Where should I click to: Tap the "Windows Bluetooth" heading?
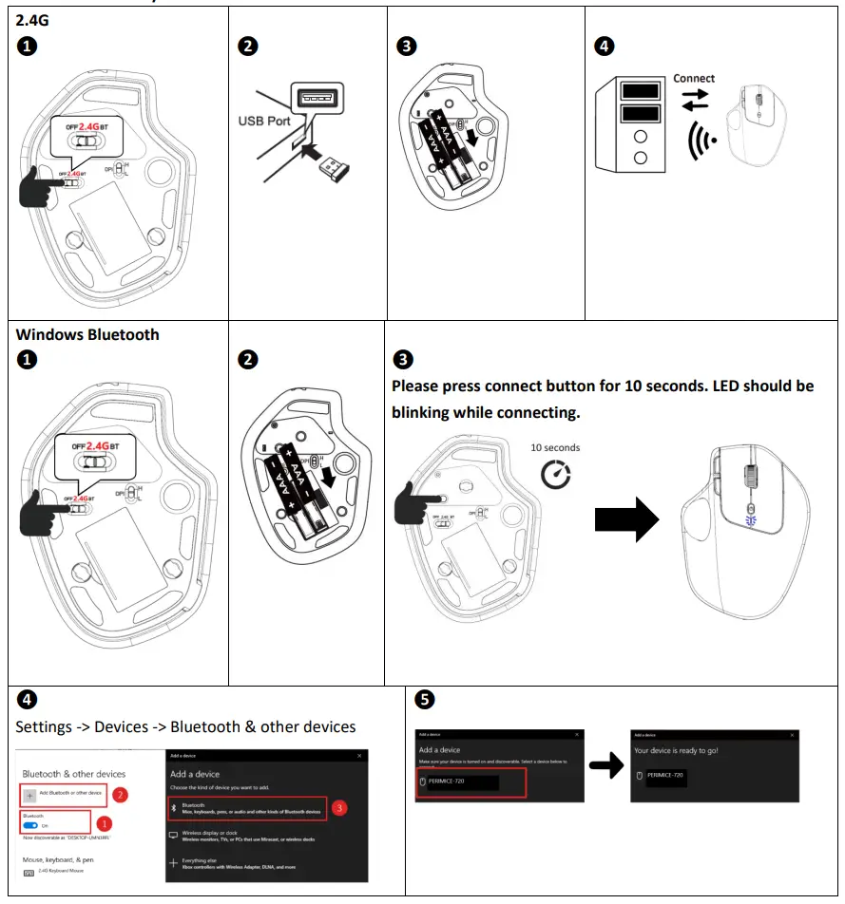tap(87, 334)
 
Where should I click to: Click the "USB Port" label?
tap(263, 121)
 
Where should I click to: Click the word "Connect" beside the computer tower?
tap(694, 78)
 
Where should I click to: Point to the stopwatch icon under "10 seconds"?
tap(555, 475)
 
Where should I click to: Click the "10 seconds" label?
tap(555, 447)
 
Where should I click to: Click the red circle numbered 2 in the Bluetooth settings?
tap(120, 794)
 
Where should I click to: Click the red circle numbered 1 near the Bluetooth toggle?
tap(106, 824)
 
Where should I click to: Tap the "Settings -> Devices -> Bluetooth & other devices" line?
tap(185, 726)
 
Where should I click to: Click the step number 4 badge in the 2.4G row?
tap(603, 46)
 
